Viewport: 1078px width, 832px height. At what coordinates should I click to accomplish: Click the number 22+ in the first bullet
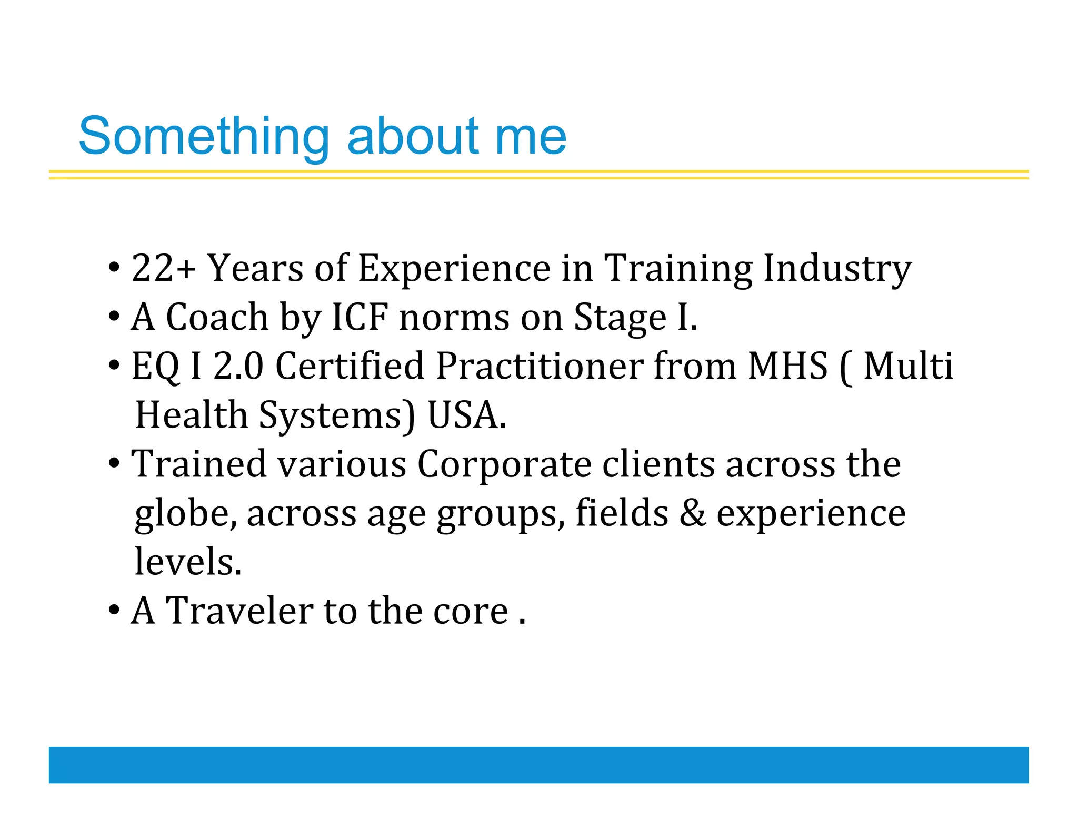[x=164, y=268]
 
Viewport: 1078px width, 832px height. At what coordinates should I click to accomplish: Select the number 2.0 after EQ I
[x=238, y=366]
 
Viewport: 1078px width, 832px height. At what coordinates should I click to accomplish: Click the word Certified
[x=350, y=366]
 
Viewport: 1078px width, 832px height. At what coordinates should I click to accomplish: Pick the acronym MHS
[x=788, y=366]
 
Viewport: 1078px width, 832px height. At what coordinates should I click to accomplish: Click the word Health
[x=192, y=415]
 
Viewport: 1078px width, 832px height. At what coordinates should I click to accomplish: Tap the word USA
[x=466, y=415]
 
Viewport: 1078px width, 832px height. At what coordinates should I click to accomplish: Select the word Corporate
[x=504, y=465]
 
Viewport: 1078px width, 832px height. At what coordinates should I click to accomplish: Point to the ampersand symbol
[x=692, y=513]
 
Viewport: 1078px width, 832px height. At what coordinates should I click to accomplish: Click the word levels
[x=187, y=562]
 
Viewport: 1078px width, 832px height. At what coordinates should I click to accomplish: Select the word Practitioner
[x=539, y=366]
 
